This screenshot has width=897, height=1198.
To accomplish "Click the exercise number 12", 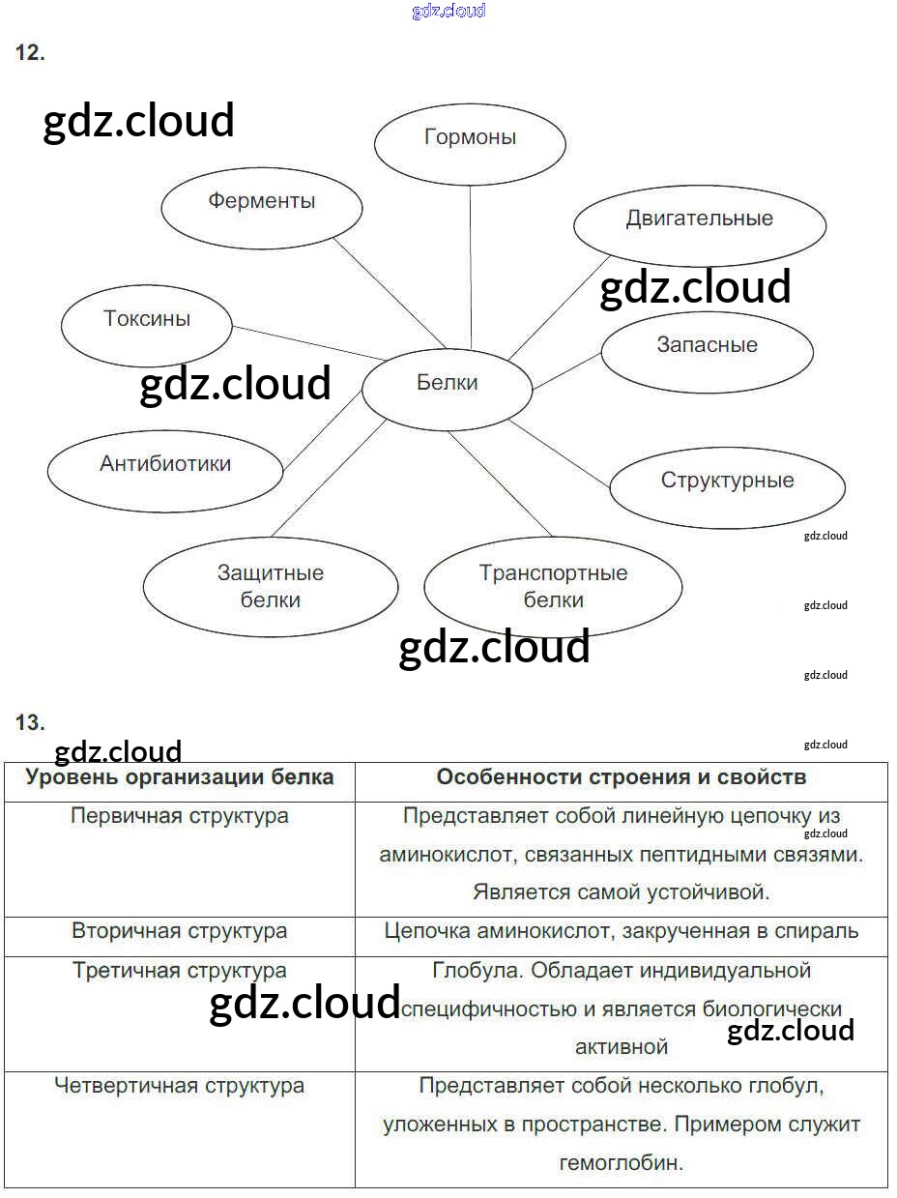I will point(29,54).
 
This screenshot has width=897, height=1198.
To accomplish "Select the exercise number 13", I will point(30,722).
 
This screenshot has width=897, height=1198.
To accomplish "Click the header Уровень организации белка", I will point(180,777).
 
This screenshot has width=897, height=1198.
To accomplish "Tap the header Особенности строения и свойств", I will point(621,777).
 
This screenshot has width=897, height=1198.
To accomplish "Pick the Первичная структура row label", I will point(180,815).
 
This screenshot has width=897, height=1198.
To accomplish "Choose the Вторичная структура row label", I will point(180,931).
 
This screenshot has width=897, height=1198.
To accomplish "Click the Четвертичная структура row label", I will point(180,1086).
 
